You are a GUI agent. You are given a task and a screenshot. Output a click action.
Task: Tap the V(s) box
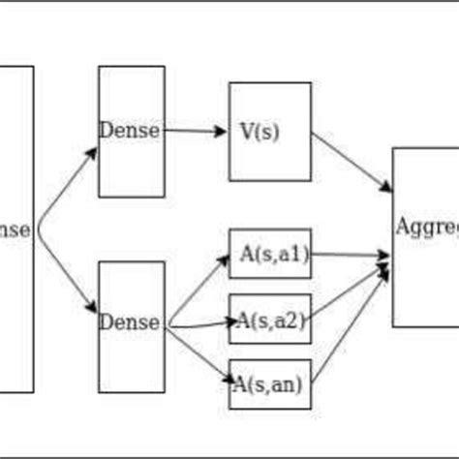[x=269, y=131]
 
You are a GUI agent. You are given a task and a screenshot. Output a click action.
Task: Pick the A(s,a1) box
[x=269, y=255]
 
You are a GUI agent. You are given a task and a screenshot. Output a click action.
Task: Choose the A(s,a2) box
[x=269, y=320]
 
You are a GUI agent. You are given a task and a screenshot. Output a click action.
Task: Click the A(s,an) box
[x=269, y=383]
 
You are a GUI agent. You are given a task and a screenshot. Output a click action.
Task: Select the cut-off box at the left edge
[x=16, y=229]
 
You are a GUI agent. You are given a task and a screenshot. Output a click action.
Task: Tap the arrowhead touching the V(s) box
[x=222, y=131]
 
